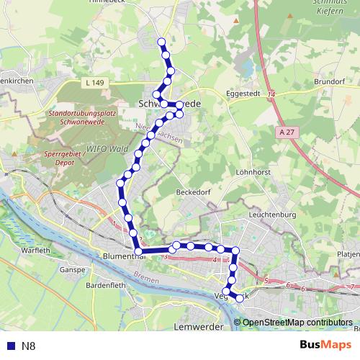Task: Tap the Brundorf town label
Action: (x=330, y=82)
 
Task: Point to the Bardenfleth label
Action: (x=106, y=284)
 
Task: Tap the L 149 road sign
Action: (x=93, y=84)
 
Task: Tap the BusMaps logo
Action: (x=325, y=346)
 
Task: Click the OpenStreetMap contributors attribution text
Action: (x=297, y=322)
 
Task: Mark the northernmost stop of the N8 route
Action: (x=161, y=42)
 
